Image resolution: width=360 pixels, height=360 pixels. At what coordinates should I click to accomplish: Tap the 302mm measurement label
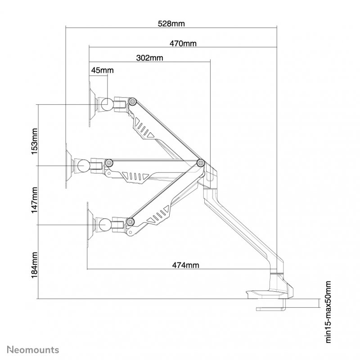coord(149,58)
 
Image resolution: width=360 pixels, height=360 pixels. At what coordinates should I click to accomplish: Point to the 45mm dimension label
coord(102,70)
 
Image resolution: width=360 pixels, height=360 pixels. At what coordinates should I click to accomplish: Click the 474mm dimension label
coord(185,265)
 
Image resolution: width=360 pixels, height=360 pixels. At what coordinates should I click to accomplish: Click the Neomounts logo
coord(30,349)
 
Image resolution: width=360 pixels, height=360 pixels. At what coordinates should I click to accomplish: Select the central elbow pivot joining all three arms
coord(200,162)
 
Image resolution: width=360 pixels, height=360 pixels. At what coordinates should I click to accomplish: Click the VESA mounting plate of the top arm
coord(91,104)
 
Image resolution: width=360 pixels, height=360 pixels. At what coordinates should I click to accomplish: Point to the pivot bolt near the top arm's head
coord(132,102)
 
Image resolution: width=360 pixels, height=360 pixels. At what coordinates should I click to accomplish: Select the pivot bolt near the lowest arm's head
coord(130,221)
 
